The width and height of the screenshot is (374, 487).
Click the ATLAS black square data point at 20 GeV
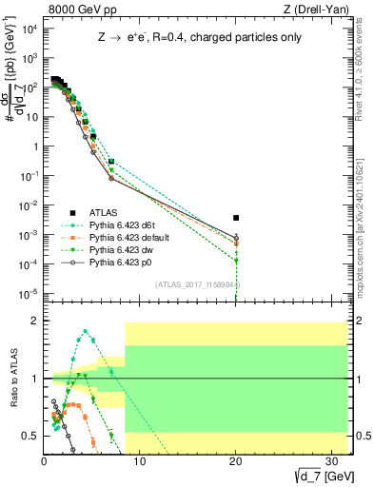pyautogui.click(x=236, y=218)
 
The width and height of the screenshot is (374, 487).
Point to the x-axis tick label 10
pyautogui.click(x=140, y=461)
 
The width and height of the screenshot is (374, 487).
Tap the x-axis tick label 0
pyautogui.click(x=45, y=461)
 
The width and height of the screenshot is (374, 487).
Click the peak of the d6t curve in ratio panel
pyautogui.click(x=86, y=331)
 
